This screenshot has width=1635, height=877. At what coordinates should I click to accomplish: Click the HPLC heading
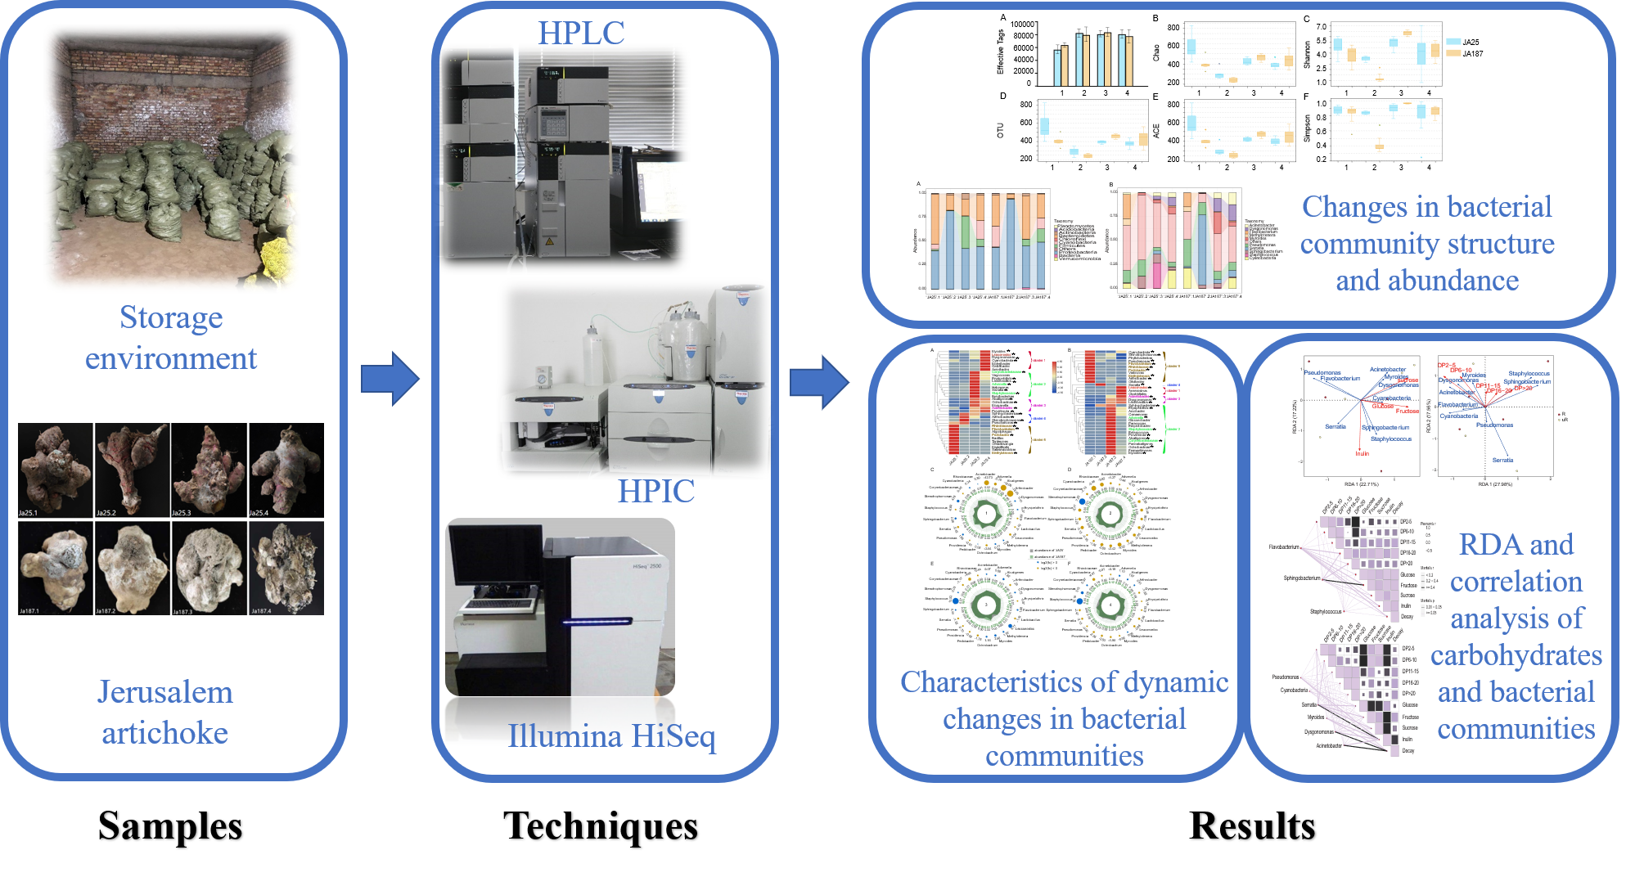(580, 33)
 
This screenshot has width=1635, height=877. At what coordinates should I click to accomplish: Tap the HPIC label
(655, 491)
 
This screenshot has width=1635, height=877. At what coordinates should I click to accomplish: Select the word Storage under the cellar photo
(171, 317)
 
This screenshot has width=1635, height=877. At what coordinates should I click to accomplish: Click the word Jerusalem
(165, 692)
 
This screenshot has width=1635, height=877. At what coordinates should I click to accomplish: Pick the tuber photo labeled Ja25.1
(56, 470)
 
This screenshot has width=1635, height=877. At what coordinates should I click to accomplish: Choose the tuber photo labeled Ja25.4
(286, 470)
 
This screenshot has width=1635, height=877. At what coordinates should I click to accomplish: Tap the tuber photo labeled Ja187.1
(56, 568)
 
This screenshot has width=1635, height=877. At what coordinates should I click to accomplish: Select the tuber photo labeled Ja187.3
(209, 568)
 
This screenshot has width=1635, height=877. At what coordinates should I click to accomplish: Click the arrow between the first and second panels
(390, 379)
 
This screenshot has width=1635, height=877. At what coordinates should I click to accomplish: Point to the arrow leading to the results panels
(819, 382)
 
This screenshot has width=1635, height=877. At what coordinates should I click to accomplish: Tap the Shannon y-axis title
(1307, 54)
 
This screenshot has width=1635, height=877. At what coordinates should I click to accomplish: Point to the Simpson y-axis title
(1307, 128)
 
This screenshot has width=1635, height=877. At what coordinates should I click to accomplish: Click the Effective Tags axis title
(1000, 52)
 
